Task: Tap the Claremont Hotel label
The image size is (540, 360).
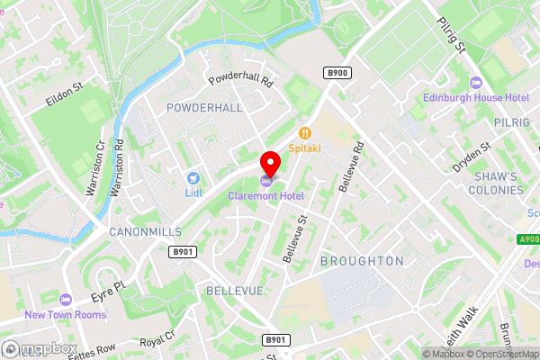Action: point(265,195)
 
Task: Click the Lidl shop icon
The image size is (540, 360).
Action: point(193,178)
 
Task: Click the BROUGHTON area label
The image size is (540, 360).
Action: point(362,261)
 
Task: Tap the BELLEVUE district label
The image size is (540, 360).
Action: point(234,292)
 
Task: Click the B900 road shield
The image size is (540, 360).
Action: point(337,72)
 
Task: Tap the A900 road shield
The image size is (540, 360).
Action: point(529,238)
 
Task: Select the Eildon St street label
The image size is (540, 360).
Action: point(66,96)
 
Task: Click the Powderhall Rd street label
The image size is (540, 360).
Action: point(240,79)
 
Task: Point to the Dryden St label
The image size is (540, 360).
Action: point(473,157)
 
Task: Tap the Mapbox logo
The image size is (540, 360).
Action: point(40,348)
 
